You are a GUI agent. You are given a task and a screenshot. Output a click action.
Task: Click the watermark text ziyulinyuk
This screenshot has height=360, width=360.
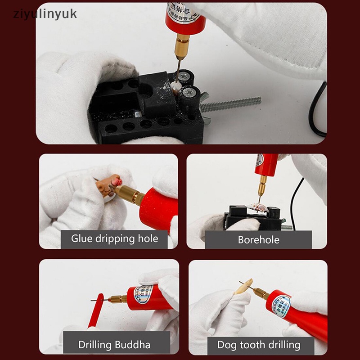[45, 13]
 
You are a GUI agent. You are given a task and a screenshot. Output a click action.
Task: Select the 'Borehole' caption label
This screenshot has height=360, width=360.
[258, 240]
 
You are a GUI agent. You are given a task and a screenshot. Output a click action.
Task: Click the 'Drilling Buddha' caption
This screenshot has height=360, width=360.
[114, 345]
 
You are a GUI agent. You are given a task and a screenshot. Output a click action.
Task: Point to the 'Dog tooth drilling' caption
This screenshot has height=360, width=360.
[258, 345]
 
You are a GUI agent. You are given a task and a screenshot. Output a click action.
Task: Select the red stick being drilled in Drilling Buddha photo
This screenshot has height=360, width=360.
[96, 310]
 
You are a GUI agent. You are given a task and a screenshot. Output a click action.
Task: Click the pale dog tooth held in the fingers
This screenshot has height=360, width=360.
[243, 287]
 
